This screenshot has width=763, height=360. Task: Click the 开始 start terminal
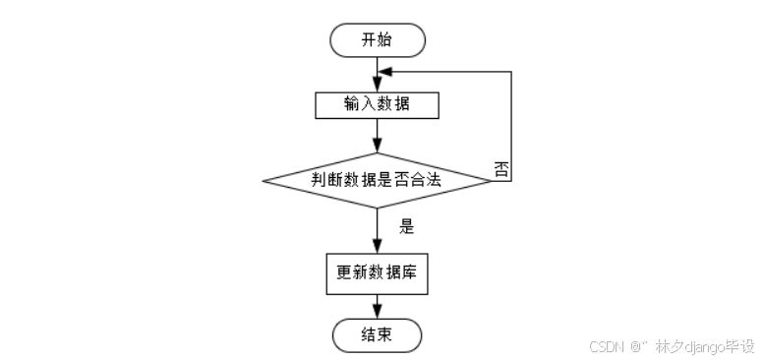pos(378,40)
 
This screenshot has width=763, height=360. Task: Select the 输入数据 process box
pos(378,104)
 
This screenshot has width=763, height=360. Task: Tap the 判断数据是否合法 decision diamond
pos(378,180)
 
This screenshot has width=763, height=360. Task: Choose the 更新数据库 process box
pos(378,273)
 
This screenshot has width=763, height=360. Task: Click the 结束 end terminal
pos(378,334)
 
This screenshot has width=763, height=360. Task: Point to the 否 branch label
pos(500,168)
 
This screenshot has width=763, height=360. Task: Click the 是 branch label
pos(406,225)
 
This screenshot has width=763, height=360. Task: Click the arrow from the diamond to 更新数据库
pos(378,230)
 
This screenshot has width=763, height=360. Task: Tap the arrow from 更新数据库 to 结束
pos(378,305)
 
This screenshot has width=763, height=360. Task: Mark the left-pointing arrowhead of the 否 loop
pos(385,72)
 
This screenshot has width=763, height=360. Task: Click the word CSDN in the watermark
pos(607,346)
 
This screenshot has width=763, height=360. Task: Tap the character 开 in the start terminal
pos(369,40)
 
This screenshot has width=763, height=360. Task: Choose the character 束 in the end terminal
pos(386,334)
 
